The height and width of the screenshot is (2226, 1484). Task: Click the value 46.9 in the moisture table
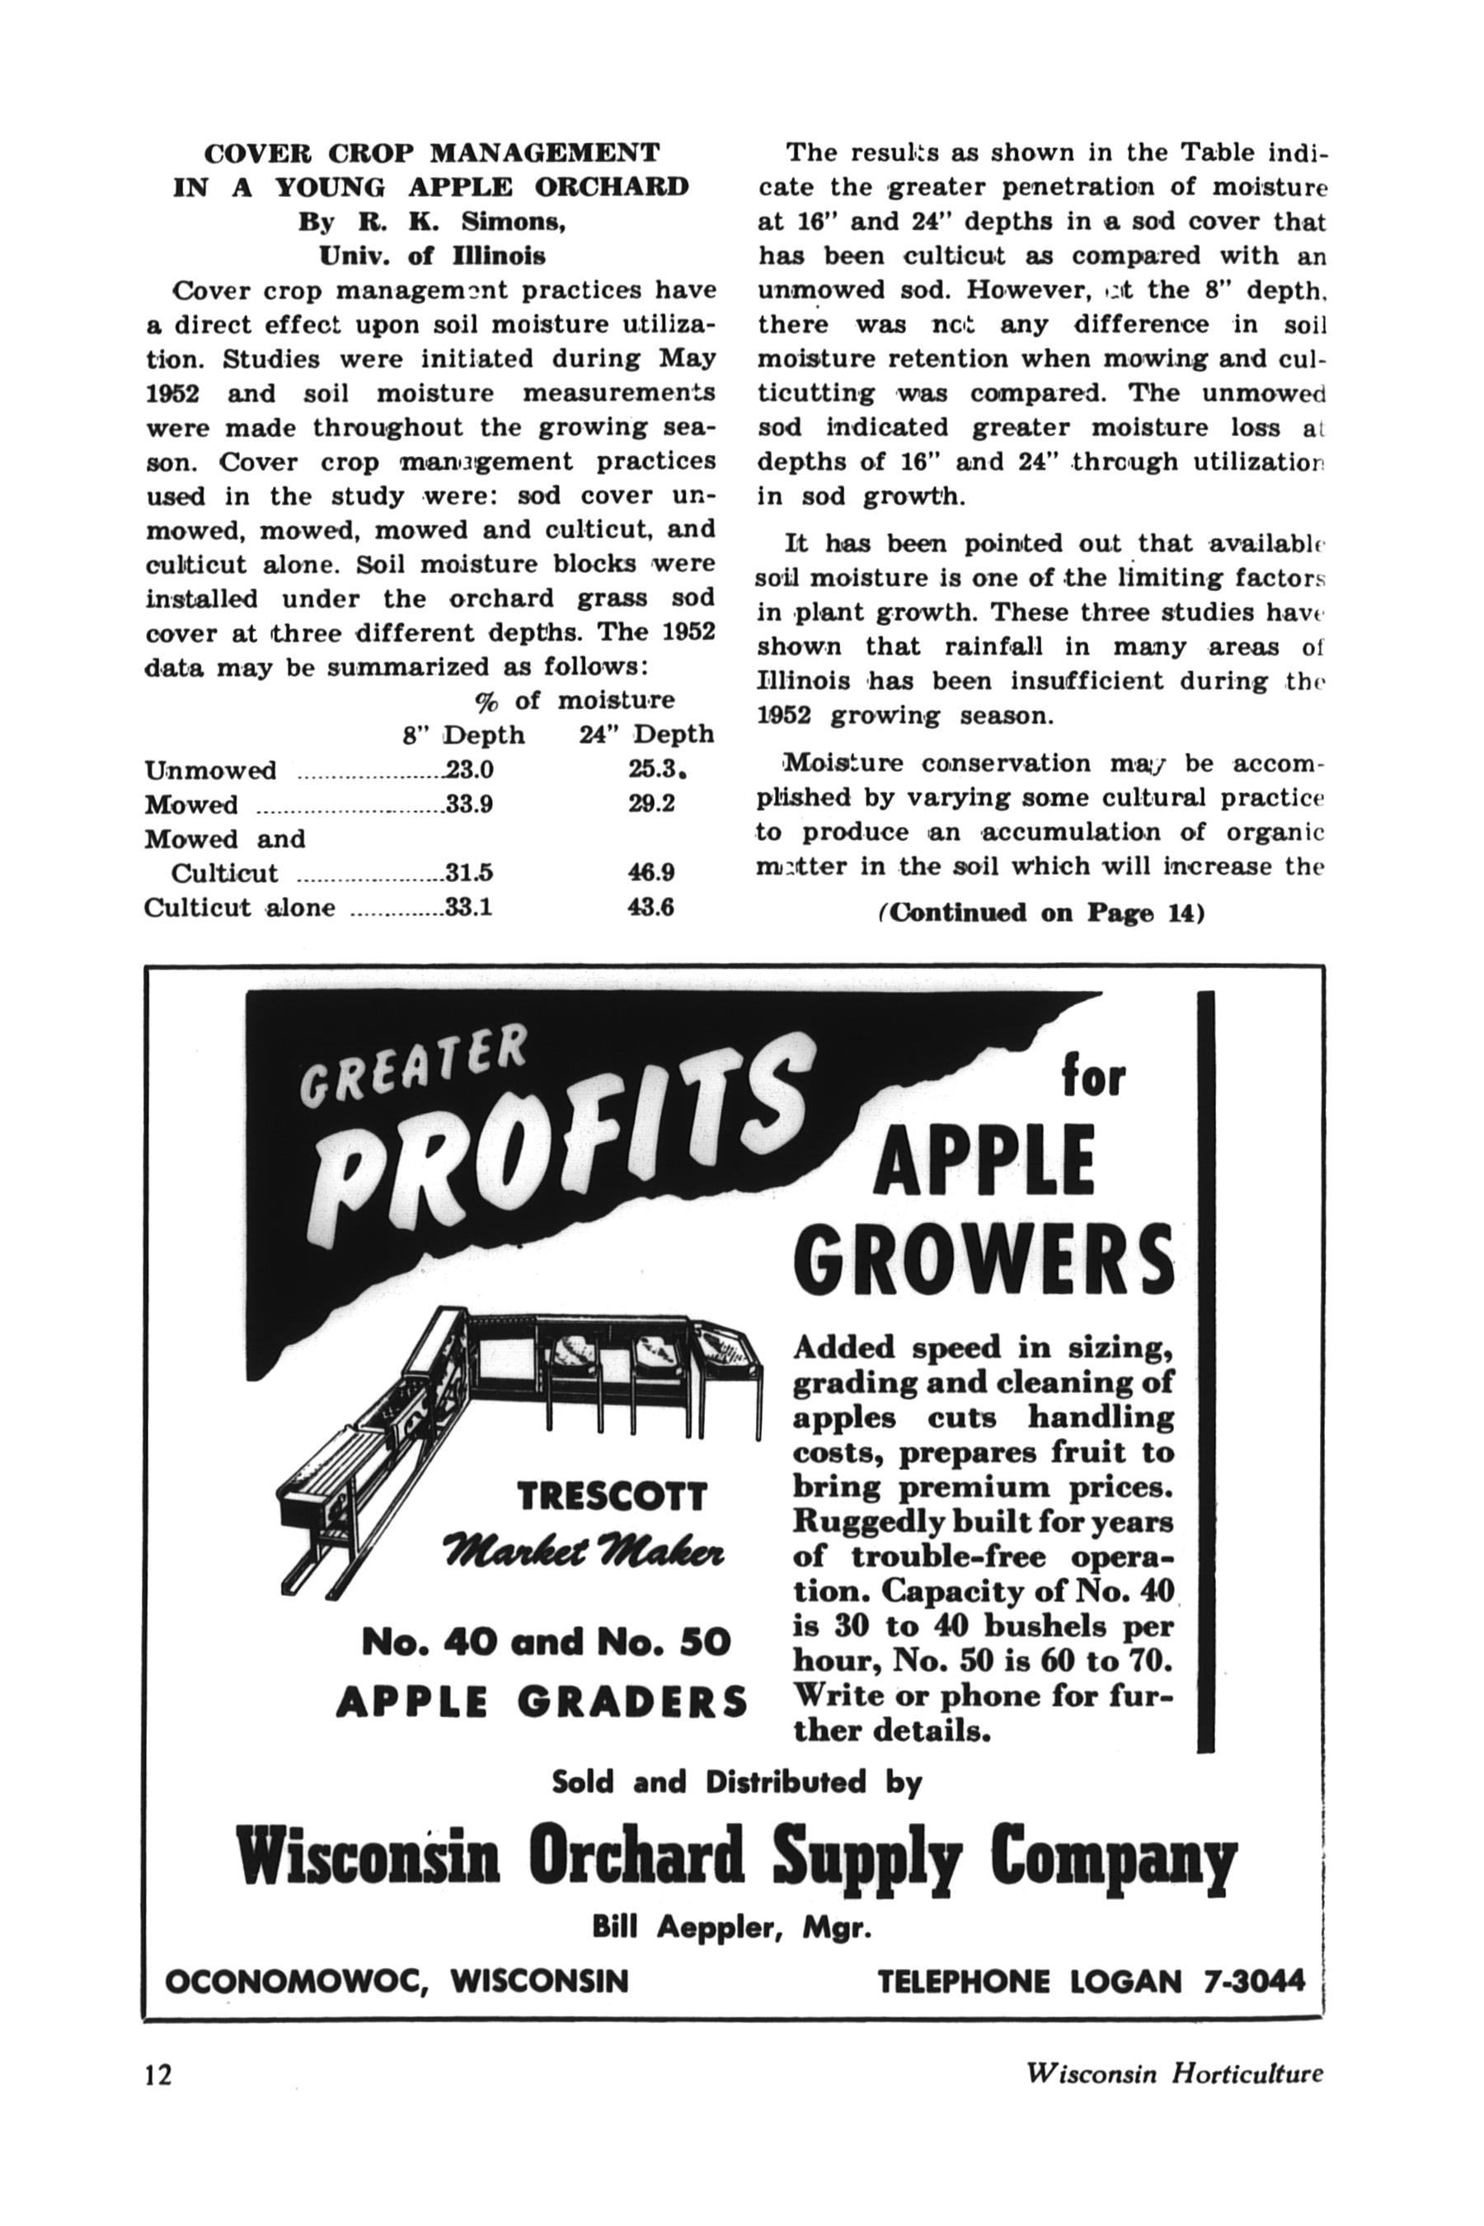point(650,871)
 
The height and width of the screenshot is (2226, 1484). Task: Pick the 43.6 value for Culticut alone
point(650,907)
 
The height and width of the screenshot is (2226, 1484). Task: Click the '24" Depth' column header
point(646,735)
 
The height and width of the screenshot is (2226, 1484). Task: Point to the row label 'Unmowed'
point(210,770)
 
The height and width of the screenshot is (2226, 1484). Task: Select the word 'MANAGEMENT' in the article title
point(545,153)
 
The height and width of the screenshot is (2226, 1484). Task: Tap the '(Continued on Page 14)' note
point(1041,913)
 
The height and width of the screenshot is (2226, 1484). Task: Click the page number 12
point(159,2074)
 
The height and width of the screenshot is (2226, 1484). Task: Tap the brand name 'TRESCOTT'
point(612,1496)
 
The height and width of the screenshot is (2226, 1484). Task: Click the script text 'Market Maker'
point(584,1554)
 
